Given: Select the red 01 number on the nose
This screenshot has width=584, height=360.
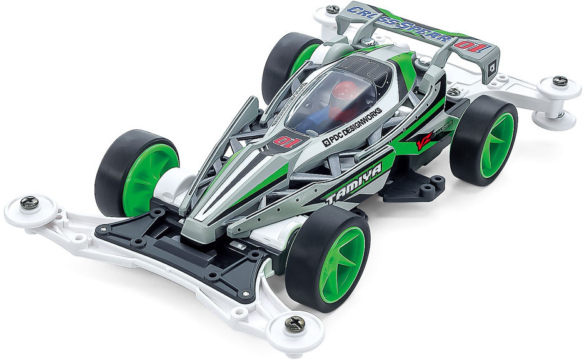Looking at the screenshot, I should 283,138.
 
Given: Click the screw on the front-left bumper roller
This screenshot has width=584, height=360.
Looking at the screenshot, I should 29,202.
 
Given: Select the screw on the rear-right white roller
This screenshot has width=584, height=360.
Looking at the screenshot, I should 560,81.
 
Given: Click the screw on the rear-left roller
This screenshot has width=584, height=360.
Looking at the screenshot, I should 333,9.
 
